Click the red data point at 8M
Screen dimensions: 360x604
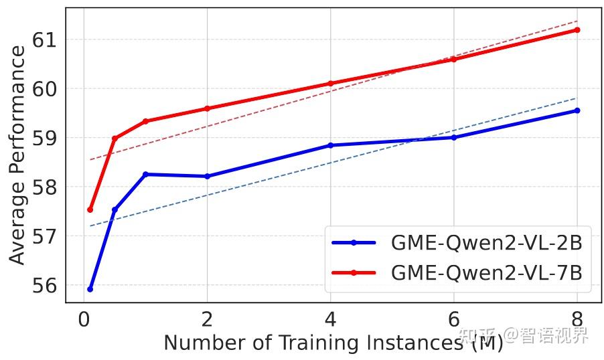[577, 29]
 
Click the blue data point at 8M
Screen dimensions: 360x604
[577, 110]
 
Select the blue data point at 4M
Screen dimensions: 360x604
[330, 145]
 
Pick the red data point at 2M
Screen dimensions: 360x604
[207, 108]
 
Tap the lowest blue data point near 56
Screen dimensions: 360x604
[90, 289]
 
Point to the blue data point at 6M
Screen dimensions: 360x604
[454, 137]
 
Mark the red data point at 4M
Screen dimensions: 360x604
[330, 84]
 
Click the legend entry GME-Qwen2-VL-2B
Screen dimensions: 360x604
[486, 243]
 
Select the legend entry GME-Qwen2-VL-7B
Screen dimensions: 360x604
[486, 273]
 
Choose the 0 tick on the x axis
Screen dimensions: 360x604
[84, 319]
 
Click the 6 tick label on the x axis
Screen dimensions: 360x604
[454, 319]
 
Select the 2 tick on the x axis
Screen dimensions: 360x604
[207, 319]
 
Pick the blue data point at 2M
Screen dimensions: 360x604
[207, 177]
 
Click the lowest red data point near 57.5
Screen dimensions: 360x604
[90, 210]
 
